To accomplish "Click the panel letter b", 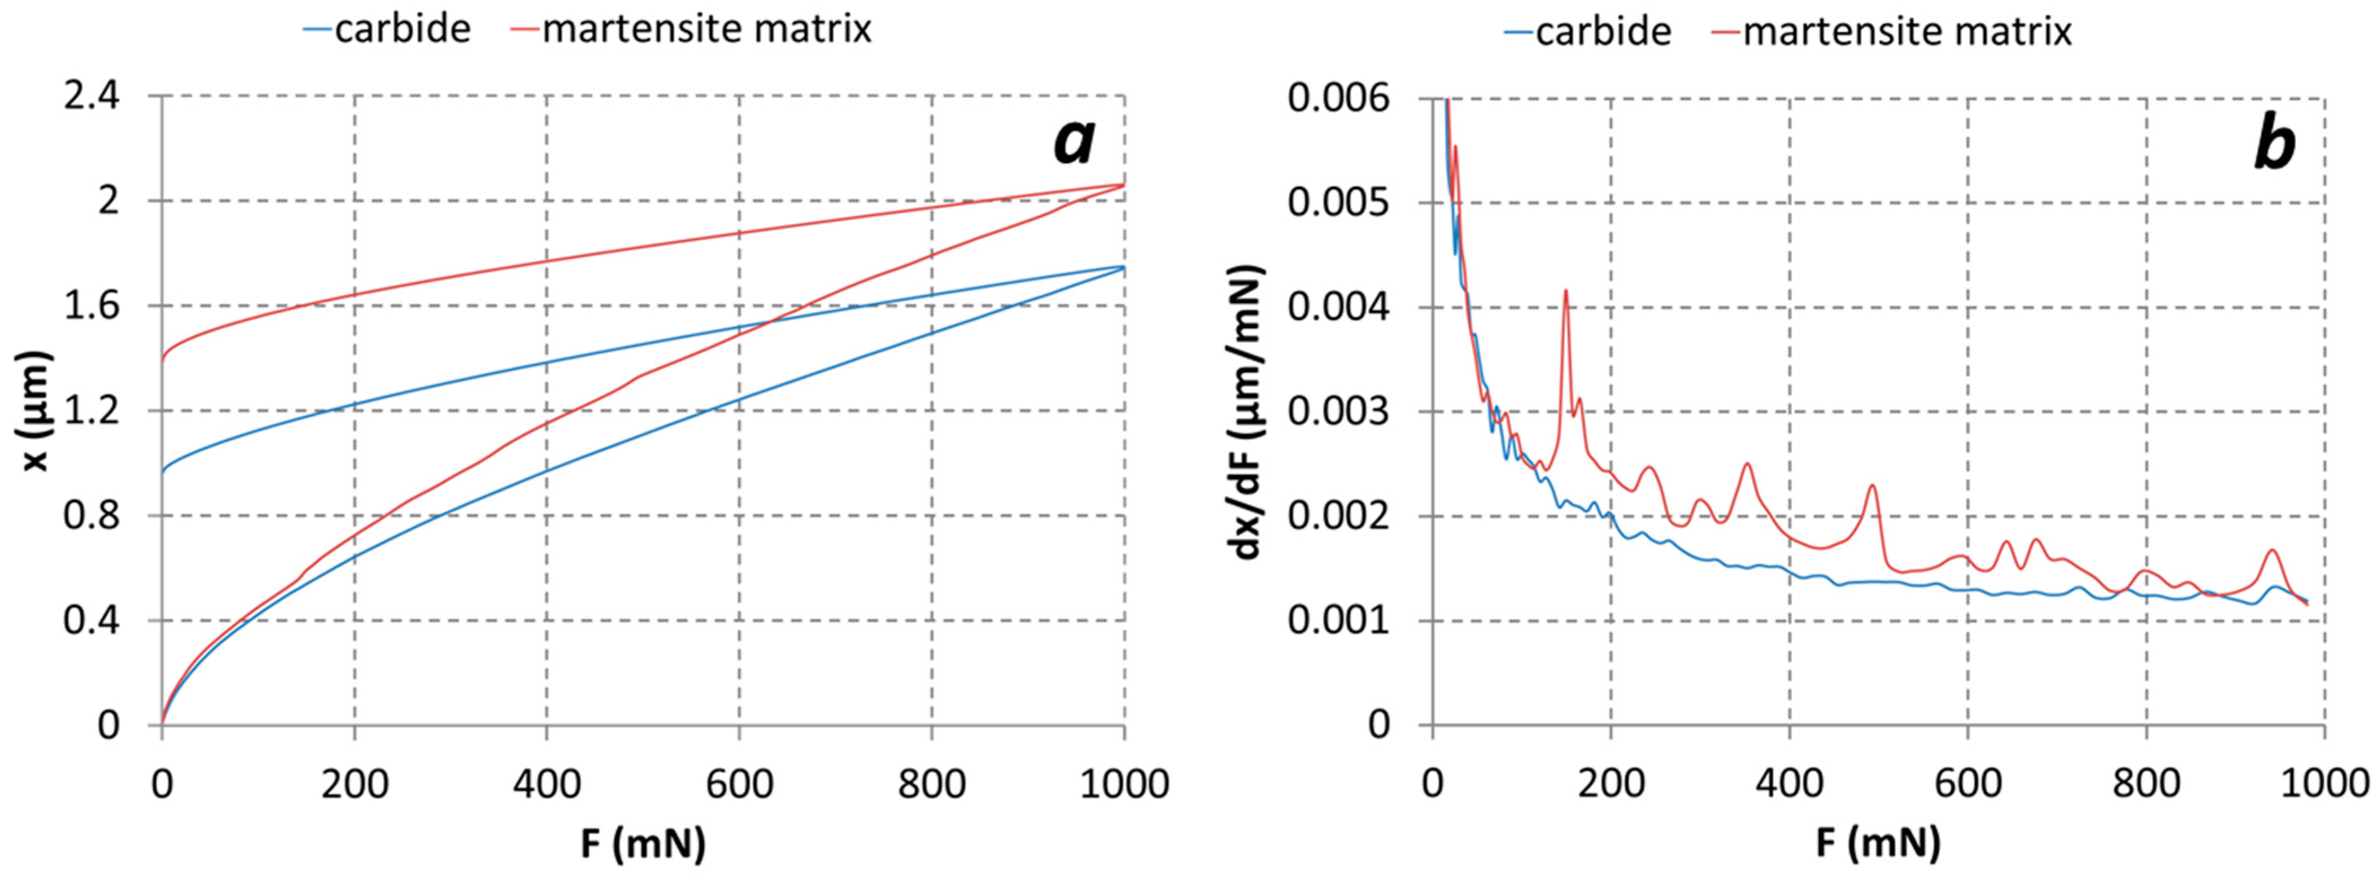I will tap(2274, 145).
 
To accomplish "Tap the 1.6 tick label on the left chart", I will tap(91, 307).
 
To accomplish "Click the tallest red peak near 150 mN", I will tap(1565, 292).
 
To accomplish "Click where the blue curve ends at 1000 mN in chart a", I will tap(1123, 267).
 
